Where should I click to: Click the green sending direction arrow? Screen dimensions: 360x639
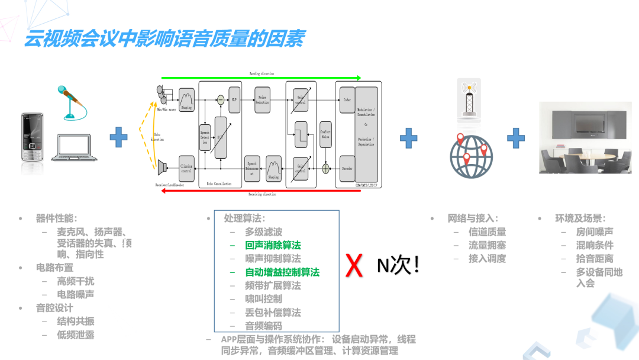tap(260, 78)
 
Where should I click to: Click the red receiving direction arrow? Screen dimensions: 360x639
tap(260, 193)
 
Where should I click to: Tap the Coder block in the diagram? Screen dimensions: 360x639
tap(347, 100)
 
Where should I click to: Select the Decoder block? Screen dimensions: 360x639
tap(347, 169)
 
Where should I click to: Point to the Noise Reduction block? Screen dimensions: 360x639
tap(262, 99)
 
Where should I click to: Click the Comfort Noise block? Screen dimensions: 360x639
tap(325, 134)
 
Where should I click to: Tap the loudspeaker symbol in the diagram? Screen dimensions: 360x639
tap(162, 168)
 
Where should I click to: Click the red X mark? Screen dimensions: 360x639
tap(354, 266)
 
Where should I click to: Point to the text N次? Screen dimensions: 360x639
tap(398, 265)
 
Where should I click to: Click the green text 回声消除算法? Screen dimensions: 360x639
tap(273, 245)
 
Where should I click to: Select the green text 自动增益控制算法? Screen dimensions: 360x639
tap(282, 272)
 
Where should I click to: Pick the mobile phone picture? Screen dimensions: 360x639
tap(32, 137)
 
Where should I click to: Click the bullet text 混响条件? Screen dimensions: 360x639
tap(595, 245)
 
